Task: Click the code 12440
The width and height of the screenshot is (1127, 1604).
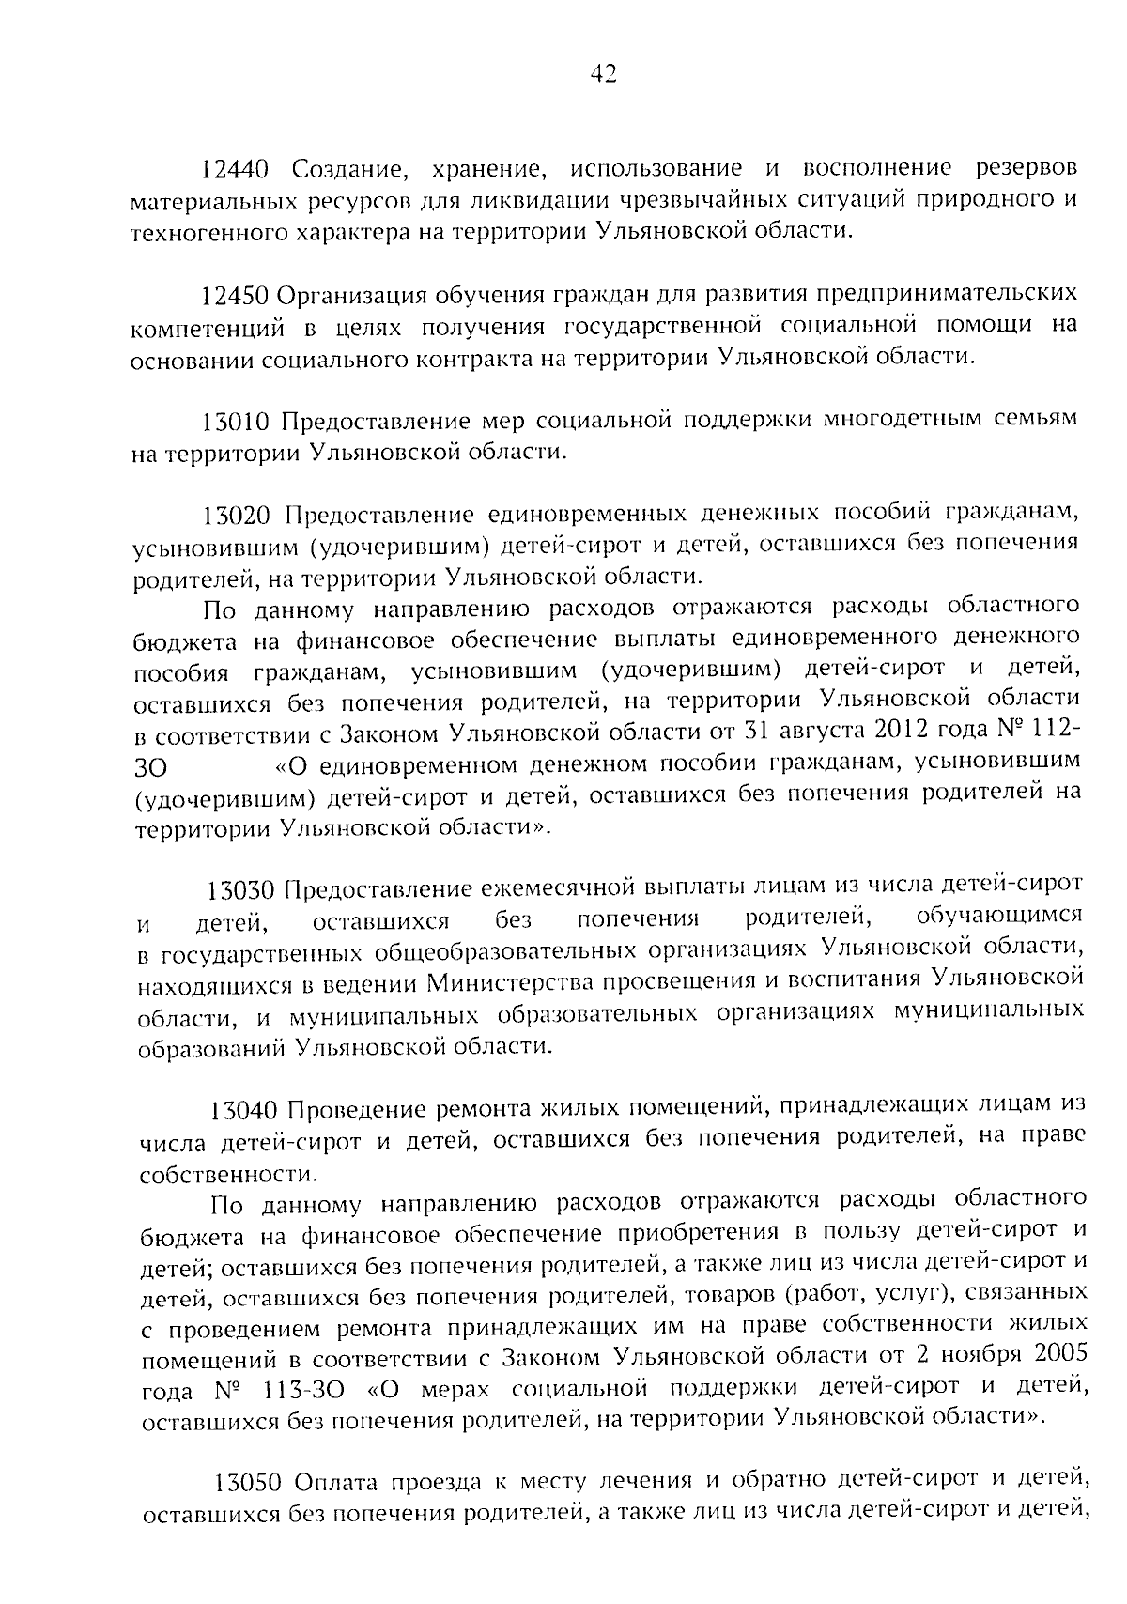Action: pyautogui.click(x=235, y=169)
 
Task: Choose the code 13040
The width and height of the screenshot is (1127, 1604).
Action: pyautogui.click(x=244, y=1109)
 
